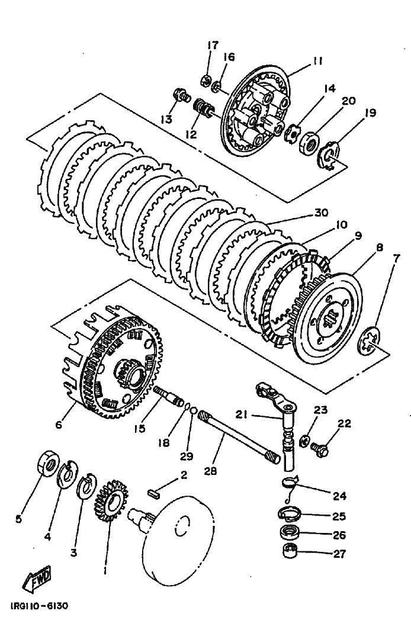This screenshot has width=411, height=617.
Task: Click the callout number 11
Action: tap(318, 60)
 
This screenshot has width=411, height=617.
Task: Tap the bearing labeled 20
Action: tap(308, 143)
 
